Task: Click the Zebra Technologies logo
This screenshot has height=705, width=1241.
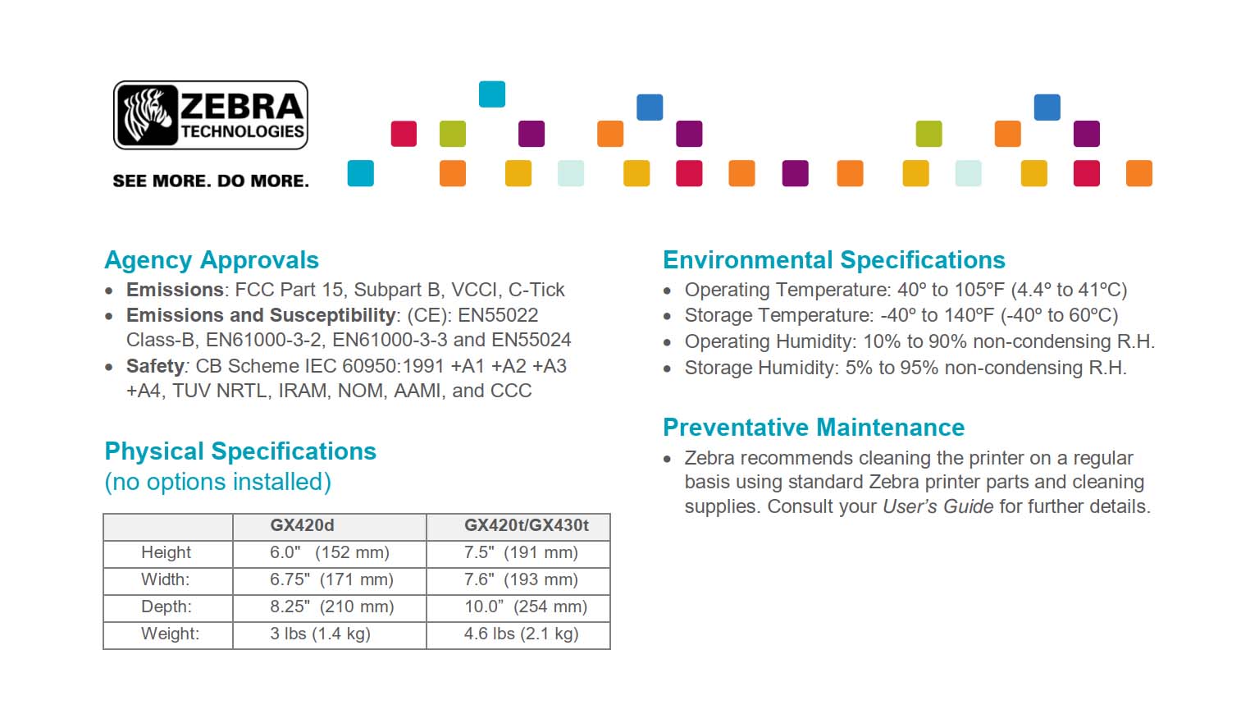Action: click(211, 115)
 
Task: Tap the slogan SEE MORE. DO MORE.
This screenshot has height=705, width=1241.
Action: click(211, 181)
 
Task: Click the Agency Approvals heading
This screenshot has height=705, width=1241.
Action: click(212, 260)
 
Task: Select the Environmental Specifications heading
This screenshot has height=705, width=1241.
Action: click(834, 260)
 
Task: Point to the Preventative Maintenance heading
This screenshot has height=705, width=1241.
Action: click(814, 428)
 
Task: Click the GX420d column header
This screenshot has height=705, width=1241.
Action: click(302, 525)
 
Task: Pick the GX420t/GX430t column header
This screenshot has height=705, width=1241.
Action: click(527, 525)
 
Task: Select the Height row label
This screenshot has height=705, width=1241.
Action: click(166, 552)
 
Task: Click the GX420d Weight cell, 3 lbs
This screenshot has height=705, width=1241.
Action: click(320, 634)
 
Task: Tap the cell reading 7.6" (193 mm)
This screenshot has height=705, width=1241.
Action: click(522, 579)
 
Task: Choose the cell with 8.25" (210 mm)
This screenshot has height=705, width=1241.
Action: click(332, 607)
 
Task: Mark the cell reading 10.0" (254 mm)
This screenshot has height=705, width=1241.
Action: click(526, 607)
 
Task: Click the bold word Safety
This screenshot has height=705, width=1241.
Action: click(155, 366)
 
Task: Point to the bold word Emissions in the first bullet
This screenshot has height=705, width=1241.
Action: click(175, 290)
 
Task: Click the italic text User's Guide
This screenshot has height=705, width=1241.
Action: click(938, 506)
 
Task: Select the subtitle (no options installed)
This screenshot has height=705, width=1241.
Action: click(217, 482)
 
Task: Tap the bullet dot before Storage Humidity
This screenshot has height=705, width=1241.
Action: click(667, 369)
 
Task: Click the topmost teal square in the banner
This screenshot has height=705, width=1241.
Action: click(492, 94)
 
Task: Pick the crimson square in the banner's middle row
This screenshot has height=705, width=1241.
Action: click(404, 134)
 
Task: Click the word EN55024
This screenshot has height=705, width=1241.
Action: click(532, 340)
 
